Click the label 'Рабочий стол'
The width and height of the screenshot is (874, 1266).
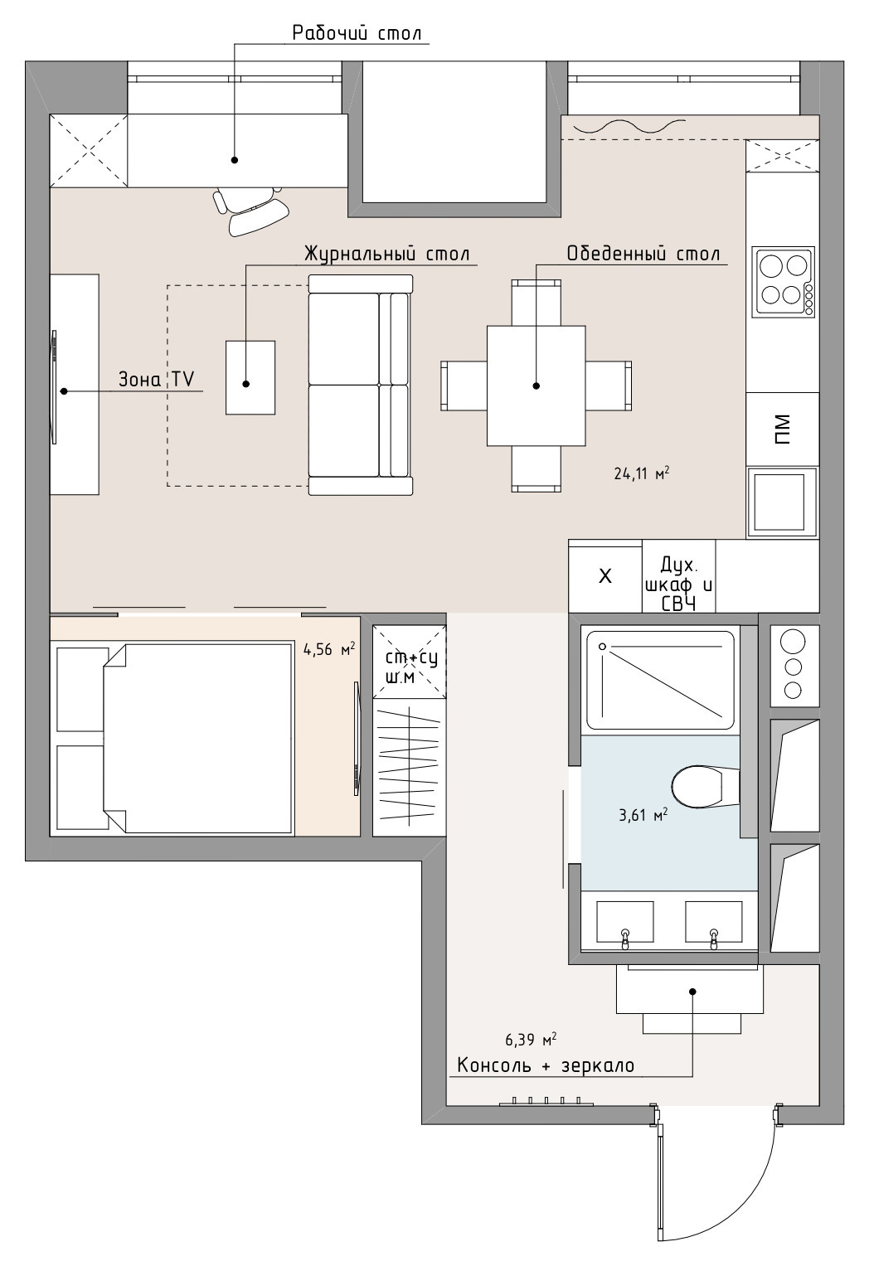click(357, 33)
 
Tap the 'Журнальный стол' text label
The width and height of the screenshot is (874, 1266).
click(387, 254)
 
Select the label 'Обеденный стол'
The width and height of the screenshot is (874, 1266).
click(643, 254)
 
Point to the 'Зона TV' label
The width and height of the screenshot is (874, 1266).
click(157, 379)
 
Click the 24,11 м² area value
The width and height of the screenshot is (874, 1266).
click(642, 473)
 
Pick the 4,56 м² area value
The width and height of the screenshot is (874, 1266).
click(329, 649)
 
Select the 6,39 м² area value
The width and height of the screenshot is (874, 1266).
click(531, 1040)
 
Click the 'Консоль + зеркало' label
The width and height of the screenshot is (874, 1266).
click(546, 1065)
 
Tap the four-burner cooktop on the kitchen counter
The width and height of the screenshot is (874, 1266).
click(783, 281)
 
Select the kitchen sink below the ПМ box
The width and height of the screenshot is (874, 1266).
click(783, 502)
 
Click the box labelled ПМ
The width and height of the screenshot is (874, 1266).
click(783, 429)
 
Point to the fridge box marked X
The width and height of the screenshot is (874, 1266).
click(605, 576)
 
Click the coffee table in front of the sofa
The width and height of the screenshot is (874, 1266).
click(250, 377)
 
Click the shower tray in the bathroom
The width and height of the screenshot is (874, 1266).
click(660, 681)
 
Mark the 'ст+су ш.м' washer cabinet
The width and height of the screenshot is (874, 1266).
click(410, 662)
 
